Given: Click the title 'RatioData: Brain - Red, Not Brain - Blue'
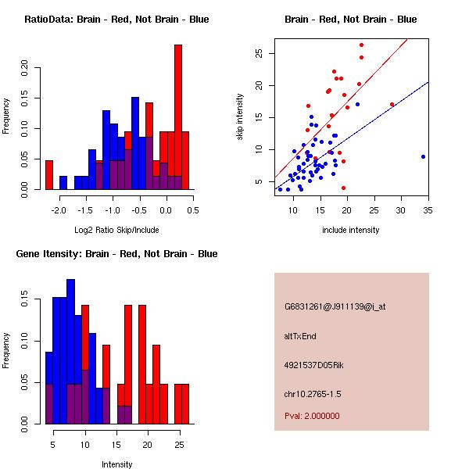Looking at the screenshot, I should [116, 20].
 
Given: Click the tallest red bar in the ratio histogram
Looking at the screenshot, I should [177, 117].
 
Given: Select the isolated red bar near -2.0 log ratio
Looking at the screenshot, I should [49, 174].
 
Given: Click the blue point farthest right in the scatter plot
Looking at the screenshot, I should [423, 156].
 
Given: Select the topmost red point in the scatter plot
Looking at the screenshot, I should [361, 45].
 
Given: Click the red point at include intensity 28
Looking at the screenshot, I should [392, 104].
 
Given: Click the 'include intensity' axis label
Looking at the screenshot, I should [351, 230].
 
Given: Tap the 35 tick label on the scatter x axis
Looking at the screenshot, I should [428, 209].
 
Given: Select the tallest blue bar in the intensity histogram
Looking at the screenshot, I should [70, 352].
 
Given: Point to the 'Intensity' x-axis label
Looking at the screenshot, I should [116, 464].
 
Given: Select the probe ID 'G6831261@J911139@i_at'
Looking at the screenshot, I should [335, 306].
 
